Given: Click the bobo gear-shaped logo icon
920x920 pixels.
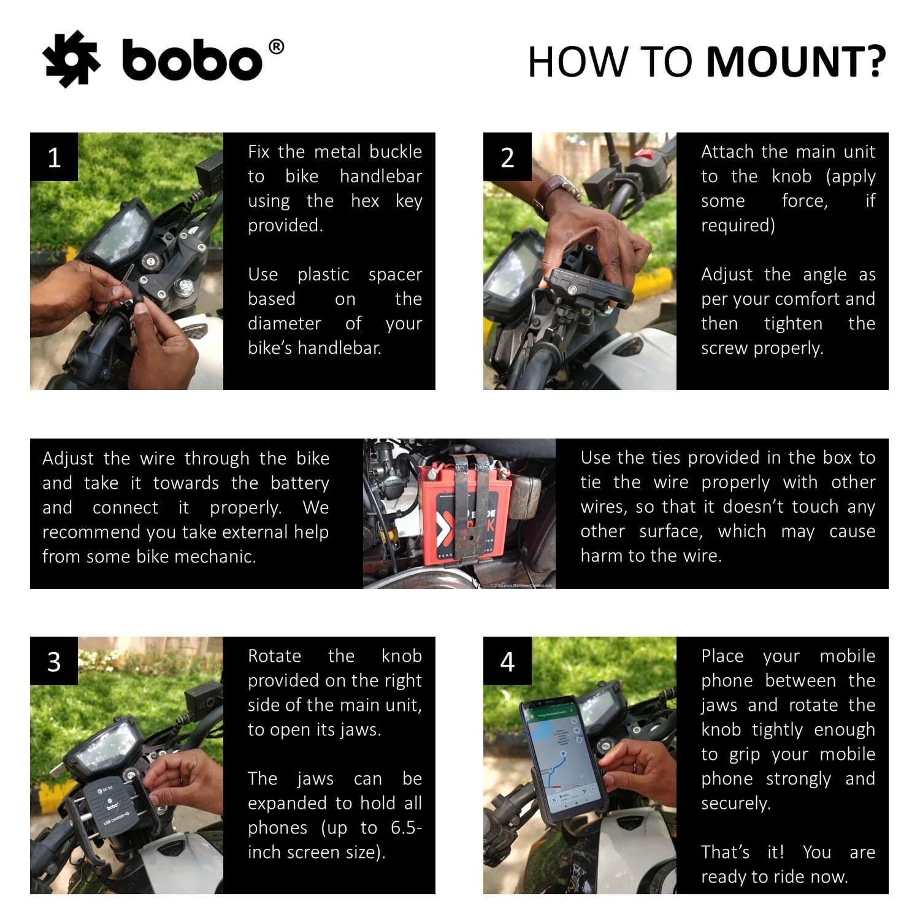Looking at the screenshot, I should tap(71, 59).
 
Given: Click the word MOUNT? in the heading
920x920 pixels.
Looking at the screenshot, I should tap(795, 62).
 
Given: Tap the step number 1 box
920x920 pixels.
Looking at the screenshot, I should tap(54, 157).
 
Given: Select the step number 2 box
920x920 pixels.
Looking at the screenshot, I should tap(507, 157).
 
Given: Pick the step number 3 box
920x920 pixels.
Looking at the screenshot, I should tap(54, 661).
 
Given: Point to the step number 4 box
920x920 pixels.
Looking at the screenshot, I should tap(507, 661).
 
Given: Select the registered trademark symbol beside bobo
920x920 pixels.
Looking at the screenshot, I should tap(276, 47).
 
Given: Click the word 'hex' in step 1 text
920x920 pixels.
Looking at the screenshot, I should tap(365, 201).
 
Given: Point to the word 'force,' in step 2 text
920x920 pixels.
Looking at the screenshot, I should tap(805, 201).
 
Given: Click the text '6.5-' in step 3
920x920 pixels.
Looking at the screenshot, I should tap(406, 827).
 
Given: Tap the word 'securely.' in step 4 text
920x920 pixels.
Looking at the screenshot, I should tap(735, 803).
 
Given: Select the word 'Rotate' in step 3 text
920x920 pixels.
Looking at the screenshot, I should tap(274, 656).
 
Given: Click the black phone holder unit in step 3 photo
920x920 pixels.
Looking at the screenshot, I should tap(113, 803).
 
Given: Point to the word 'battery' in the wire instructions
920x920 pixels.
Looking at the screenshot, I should tap(299, 483).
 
